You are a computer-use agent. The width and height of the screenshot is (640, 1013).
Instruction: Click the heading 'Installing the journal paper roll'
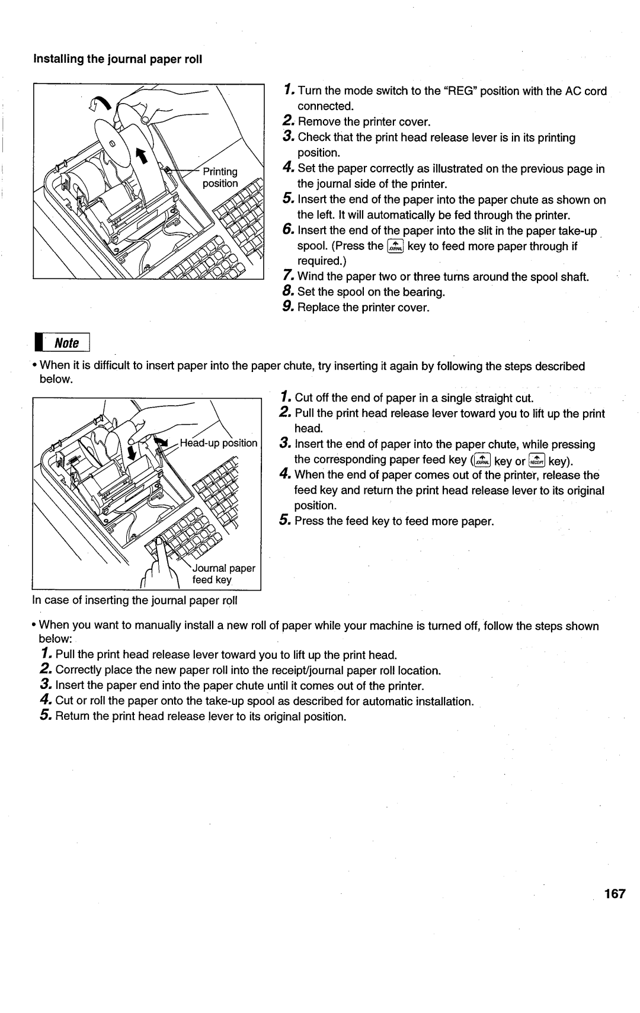tap(118, 59)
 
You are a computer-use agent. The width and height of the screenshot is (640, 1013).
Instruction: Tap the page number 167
tap(615, 894)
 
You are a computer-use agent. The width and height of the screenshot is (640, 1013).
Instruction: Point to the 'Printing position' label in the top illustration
tap(220, 177)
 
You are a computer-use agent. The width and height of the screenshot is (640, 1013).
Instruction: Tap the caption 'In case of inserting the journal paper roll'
tap(135, 600)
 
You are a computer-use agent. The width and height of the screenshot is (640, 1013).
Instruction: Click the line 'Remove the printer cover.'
tap(363, 122)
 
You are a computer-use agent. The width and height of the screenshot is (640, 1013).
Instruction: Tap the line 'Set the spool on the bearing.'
tap(371, 292)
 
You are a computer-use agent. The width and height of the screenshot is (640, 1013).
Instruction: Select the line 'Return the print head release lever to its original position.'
tap(200, 717)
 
